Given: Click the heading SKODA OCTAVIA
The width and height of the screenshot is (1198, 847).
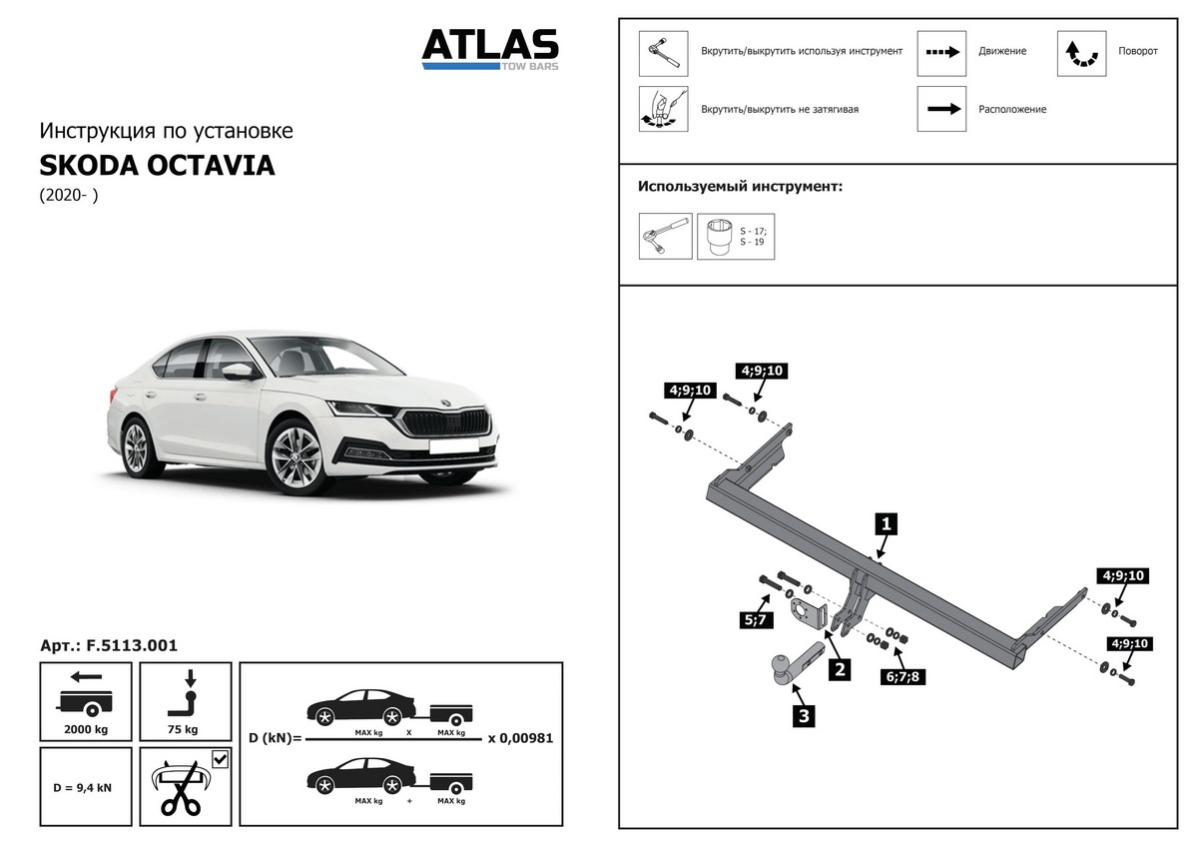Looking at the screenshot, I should tap(157, 165).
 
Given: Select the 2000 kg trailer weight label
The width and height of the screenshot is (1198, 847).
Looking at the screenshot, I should tap(85, 730).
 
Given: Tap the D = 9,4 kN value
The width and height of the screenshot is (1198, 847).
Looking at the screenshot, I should tap(83, 787).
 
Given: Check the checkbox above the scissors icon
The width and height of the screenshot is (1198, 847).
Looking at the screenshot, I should tap(220, 760).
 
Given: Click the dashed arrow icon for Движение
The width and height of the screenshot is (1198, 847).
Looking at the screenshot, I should tap(941, 52).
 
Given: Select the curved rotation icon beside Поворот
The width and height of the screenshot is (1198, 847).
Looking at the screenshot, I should tap(1081, 53).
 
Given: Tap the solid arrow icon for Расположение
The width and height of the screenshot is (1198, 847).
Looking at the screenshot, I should tap(941, 109).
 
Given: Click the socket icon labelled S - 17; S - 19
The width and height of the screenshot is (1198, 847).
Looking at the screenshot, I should tap(717, 237).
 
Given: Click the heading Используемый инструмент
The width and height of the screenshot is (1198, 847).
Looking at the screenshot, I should tap(740, 187).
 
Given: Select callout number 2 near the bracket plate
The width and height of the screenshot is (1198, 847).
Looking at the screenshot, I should tap(841, 669).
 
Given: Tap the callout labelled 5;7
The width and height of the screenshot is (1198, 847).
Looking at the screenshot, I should tap(754, 619).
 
